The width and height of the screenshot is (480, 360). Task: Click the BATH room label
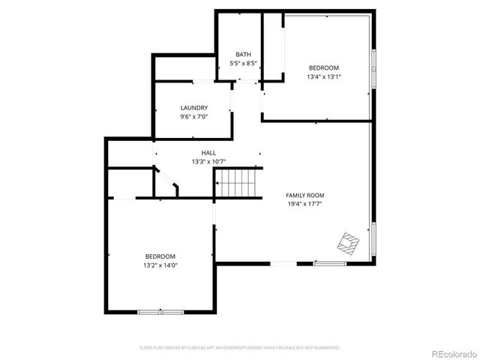pos(244,54)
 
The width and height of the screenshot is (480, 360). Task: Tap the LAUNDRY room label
pos(193,107)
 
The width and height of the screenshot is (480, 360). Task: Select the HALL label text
pos(208,153)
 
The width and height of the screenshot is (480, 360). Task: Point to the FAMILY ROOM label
pos(306,195)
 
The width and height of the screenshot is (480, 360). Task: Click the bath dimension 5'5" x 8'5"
pos(244,63)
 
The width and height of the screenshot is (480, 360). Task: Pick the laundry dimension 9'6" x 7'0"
pos(193,116)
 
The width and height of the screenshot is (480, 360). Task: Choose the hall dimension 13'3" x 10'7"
pos(208,161)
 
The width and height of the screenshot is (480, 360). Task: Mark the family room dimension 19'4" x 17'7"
pos(306,204)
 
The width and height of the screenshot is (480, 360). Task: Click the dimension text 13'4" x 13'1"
pos(324,76)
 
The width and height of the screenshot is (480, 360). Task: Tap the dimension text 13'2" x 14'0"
pos(160,265)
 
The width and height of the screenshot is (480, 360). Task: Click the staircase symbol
pos(237,182)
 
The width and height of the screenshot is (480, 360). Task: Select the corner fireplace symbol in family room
pos(348,243)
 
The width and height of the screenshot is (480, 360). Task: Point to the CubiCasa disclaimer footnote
pos(240,348)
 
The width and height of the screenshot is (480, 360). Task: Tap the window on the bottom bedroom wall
pos(160,311)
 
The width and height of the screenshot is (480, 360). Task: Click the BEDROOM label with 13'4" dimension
pos(324,67)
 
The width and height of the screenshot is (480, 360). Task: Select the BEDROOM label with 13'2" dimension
pos(160,256)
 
